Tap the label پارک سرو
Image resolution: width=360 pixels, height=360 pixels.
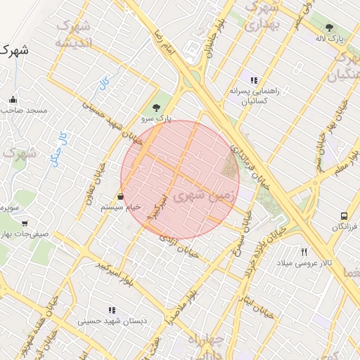click(156, 120)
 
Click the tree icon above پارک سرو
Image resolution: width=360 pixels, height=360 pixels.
click(156, 108)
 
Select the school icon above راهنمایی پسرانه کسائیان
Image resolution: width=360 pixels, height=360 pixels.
click(254, 80)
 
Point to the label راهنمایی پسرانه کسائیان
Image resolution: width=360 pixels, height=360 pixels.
click(254, 96)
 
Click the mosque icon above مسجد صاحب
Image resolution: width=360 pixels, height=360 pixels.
click(13, 99)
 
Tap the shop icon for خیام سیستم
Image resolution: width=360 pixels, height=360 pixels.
click(121, 196)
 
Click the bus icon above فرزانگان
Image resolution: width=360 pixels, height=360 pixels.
click(344, 216)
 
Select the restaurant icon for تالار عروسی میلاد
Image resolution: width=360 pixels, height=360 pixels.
click(304, 252)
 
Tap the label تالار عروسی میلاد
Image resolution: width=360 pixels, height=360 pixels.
click(303, 263)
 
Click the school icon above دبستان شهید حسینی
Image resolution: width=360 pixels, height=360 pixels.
click(111, 310)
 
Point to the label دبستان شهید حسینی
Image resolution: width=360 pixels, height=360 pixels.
click(111, 321)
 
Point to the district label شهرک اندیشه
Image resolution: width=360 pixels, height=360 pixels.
click(73, 34)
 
